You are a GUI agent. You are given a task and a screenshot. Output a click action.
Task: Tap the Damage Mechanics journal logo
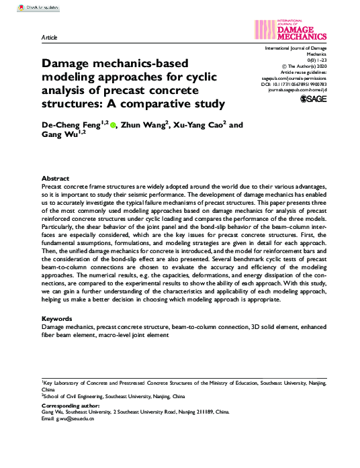pyautogui.click(x=291, y=28)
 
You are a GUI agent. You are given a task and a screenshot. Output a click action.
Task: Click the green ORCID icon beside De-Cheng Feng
pyautogui.click(x=113, y=125)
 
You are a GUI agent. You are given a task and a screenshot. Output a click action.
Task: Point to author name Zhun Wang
pyautogui.click(x=144, y=125)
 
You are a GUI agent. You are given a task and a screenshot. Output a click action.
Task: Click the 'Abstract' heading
pyautogui.click(x=56, y=178)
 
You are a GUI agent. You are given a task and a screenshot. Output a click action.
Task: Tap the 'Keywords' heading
pyautogui.click(x=58, y=318)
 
